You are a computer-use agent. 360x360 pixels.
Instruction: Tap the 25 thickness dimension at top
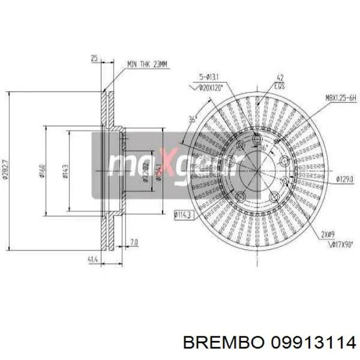click(x=94, y=59)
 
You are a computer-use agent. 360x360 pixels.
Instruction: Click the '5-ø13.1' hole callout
click(x=208, y=78)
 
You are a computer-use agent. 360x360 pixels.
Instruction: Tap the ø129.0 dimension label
click(x=344, y=179)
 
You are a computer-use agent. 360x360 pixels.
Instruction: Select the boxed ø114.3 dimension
click(x=183, y=214)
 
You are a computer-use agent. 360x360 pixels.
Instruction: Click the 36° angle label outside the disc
click(x=193, y=119)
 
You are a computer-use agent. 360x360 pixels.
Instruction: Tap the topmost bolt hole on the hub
click(x=257, y=138)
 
